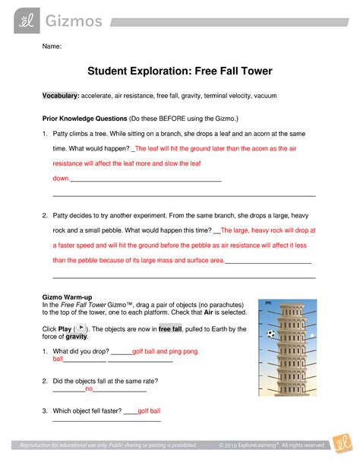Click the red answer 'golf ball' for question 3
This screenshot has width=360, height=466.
click(149, 411)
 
